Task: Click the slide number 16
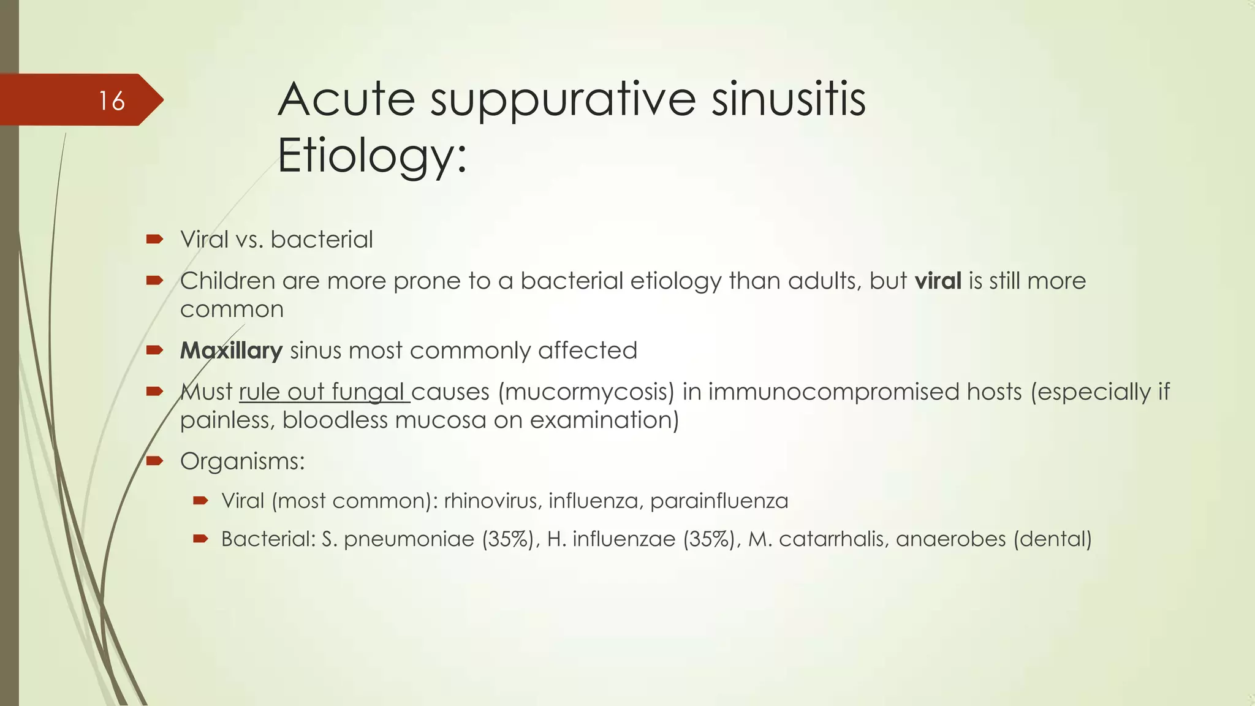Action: tap(112, 101)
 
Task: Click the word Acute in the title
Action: tap(346, 99)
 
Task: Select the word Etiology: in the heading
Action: tap(372, 156)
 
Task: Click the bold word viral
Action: tap(938, 281)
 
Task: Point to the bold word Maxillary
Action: tap(231, 351)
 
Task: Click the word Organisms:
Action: tap(242, 461)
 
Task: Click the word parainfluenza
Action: tap(719, 501)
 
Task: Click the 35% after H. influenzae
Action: tap(709, 539)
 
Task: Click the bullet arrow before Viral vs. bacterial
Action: tap(154, 239)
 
